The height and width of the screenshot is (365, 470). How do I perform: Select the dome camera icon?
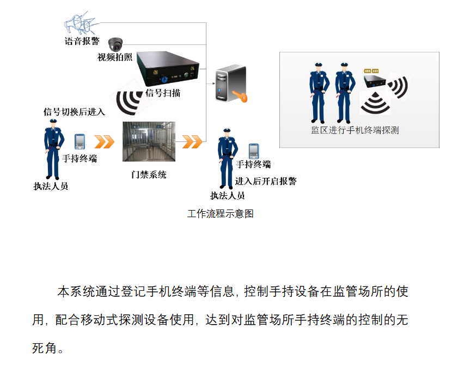115,44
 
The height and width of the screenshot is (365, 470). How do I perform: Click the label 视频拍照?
115,57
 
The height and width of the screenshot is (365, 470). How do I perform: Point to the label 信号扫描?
163,93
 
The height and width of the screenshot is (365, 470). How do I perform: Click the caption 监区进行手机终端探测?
355,131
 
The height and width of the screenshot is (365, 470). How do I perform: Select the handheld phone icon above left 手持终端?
80,141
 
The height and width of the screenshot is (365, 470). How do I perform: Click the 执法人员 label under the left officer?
51,186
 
